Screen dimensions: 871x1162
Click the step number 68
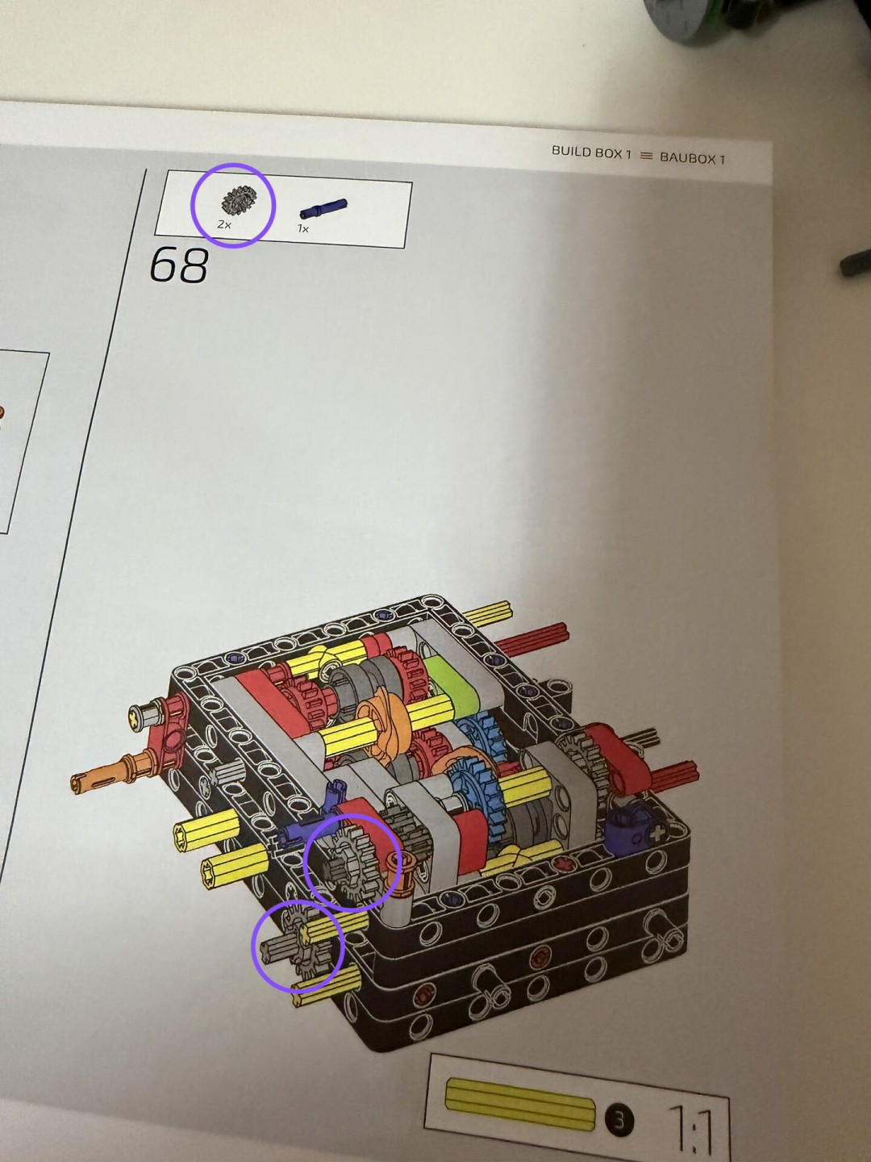(x=179, y=265)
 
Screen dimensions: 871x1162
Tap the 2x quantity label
(x=224, y=225)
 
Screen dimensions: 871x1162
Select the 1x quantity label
(x=302, y=228)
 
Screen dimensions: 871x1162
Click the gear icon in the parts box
(x=239, y=200)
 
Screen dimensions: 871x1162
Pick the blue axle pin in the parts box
(x=323, y=208)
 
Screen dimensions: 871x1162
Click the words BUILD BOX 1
(x=591, y=153)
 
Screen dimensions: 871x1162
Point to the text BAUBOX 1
(x=692, y=158)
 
